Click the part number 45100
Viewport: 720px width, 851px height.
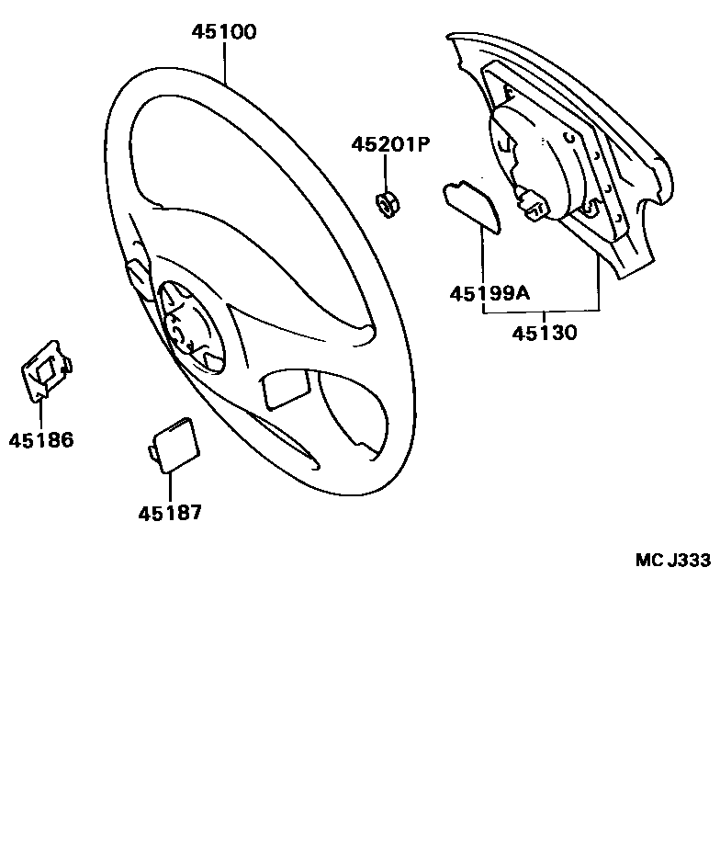point(224,32)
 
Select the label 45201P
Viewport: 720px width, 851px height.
point(390,144)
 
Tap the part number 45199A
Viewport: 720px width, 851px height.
point(489,293)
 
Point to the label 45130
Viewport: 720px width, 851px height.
point(545,333)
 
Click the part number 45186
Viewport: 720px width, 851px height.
point(41,440)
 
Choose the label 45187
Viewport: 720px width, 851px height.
point(170,513)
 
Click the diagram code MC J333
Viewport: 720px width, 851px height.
point(672,561)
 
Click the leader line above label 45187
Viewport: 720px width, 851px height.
point(170,486)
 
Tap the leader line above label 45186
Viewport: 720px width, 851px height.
point(41,414)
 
